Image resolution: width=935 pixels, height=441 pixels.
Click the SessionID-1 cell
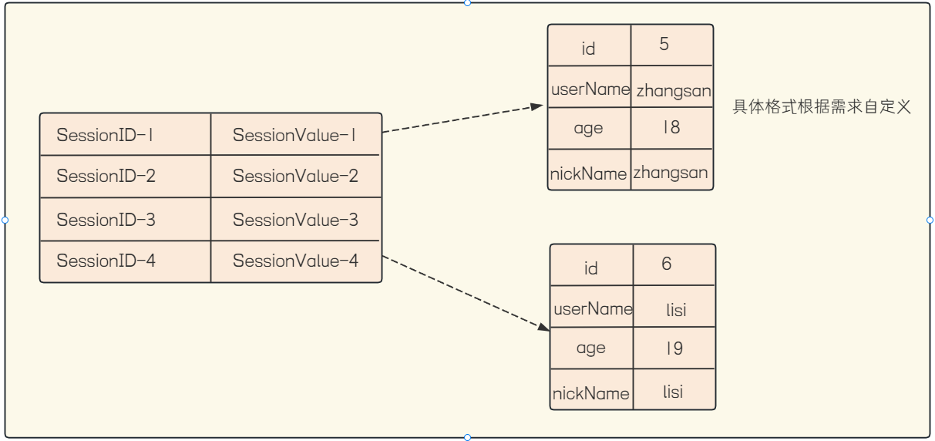point(125,134)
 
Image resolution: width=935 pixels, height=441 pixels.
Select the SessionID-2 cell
point(125,177)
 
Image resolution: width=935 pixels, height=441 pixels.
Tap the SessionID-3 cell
point(125,219)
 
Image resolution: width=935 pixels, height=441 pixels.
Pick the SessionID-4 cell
point(125,261)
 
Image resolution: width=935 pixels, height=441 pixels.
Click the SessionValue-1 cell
point(296,134)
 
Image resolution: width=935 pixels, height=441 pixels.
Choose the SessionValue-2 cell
point(296,177)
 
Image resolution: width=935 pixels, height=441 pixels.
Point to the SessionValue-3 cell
point(296,219)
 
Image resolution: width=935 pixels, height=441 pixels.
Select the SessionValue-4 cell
point(296,261)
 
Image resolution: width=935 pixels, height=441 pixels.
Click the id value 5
point(664,44)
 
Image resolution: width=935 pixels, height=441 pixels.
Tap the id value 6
point(667,264)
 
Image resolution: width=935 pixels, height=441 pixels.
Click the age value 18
point(671,127)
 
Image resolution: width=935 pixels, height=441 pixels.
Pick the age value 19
point(674,348)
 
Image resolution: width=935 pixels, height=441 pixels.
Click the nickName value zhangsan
point(671,173)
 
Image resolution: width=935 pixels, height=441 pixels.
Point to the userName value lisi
point(676,310)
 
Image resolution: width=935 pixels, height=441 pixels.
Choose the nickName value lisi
point(673,392)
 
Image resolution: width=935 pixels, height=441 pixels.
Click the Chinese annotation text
point(822,107)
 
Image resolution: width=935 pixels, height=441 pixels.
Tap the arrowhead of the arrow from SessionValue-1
point(537,106)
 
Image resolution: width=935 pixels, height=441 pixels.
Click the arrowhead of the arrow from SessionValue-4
point(544,328)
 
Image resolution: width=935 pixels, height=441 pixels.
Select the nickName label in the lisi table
point(590,393)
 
